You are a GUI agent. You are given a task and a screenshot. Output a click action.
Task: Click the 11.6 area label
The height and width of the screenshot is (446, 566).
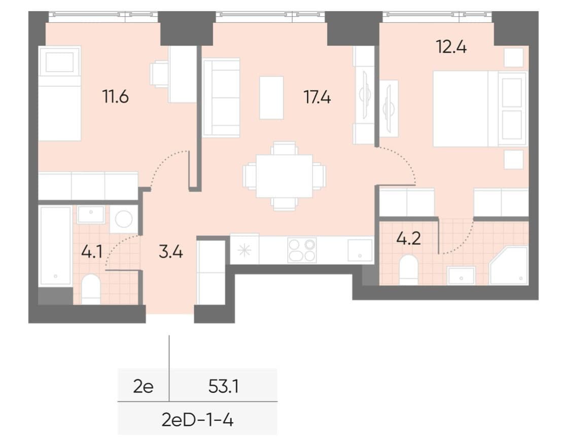tap(116, 97)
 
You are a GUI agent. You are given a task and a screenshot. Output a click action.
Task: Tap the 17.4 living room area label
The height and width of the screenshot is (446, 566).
tap(317, 97)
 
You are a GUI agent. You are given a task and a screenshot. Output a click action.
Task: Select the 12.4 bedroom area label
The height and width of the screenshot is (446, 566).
tap(451, 47)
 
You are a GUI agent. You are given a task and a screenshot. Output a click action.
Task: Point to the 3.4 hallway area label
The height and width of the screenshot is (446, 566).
tap(171, 251)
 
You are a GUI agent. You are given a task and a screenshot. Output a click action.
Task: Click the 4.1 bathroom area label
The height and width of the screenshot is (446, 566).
tap(92, 251)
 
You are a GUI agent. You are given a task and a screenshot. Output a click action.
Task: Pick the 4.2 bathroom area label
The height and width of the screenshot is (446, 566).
tap(409, 239)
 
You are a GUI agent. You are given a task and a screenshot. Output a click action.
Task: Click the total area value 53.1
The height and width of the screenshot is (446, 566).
tap(224, 387)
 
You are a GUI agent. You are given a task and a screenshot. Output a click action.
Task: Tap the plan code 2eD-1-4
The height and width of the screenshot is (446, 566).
tap(197, 420)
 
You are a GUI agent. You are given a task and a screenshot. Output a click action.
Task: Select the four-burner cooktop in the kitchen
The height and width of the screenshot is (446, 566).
tap(302, 250)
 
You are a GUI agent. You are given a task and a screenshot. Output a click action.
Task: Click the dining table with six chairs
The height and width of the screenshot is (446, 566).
tap(285, 176)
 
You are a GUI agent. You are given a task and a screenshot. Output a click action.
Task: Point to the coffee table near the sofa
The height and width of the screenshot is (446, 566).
tap(271, 97)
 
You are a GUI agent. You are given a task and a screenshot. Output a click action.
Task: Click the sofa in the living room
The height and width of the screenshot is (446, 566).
tap(221, 98)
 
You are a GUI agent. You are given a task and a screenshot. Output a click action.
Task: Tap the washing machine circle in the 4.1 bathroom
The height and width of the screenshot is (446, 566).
tap(123, 219)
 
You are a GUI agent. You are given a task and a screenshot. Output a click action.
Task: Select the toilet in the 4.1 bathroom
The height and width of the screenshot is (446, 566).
tap(91, 289)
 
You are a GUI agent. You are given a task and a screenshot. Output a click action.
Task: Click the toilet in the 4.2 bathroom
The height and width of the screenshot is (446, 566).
tap(409, 270)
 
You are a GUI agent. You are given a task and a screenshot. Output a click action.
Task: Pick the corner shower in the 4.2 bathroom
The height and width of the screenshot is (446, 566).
tap(509, 266)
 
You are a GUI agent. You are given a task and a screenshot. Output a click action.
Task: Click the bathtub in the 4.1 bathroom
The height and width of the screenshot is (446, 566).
tap(55, 246)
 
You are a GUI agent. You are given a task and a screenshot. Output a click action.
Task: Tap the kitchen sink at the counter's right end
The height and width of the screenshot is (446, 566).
tap(360, 250)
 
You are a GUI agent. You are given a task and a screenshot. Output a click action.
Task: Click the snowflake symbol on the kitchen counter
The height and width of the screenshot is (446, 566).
tap(244, 250)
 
